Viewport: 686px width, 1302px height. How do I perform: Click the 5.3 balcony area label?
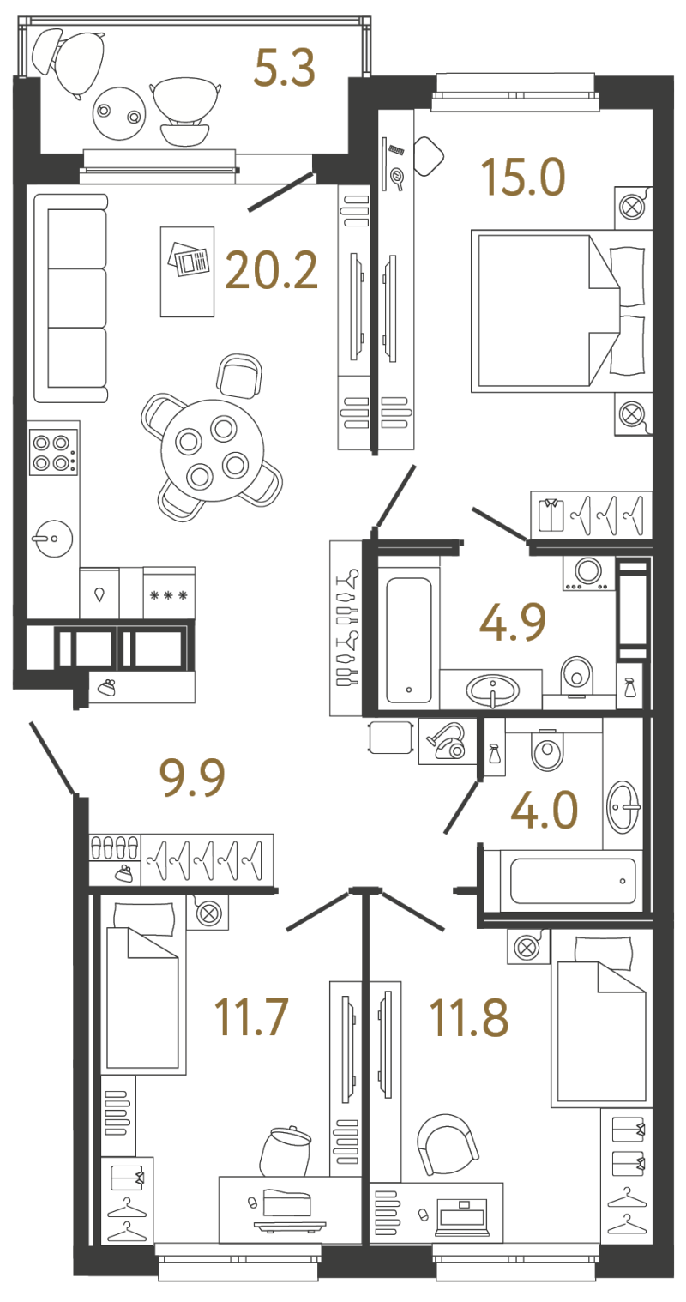click(285, 68)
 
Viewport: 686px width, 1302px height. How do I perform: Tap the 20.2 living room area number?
click(271, 269)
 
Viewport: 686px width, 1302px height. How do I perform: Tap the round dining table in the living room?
click(213, 450)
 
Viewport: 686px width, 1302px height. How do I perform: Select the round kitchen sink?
click(52, 539)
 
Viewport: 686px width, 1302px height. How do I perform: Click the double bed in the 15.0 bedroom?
click(561, 310)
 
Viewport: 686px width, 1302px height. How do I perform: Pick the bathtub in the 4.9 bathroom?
click(409, 640)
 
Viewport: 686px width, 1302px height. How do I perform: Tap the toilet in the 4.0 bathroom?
click(547, 750)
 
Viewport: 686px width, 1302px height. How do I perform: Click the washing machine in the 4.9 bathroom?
click(588, 574)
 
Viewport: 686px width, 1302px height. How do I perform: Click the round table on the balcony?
click(119, 113)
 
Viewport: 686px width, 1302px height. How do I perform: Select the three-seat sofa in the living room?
click(71, 298)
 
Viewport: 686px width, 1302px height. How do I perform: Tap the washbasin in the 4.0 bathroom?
click(622, 807)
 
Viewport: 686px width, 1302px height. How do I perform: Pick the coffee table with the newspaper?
click(187, 271)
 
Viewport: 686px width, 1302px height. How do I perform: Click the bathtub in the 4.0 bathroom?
click(573, 881)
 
